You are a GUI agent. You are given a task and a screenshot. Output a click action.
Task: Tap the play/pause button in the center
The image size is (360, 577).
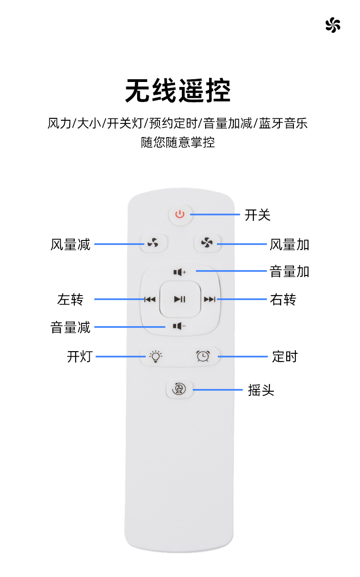[180, 299]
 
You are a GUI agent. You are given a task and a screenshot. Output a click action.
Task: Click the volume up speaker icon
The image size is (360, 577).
[180, 272]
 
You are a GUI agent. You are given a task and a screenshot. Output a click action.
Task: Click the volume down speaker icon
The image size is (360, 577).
[180, 326]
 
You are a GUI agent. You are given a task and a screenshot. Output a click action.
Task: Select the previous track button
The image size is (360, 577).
[149, 299]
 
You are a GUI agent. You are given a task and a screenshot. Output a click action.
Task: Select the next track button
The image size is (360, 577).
[210, 299]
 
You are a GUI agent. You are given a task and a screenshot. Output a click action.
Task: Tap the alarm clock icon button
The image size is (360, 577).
[203, 356]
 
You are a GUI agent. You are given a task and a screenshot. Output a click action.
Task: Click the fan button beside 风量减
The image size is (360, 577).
[153, 244]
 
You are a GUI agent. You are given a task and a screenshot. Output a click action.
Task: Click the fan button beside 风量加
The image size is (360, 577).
[207, 244]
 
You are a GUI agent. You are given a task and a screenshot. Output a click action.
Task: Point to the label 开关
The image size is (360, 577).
[257, 215]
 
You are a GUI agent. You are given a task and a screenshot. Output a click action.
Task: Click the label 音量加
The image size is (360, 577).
[289, 272]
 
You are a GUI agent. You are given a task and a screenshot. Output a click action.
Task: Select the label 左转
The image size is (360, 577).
[70, 300]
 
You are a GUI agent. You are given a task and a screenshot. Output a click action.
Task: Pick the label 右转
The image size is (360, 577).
[283, 300]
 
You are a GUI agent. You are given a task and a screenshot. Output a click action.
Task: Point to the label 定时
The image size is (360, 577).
[284, 356]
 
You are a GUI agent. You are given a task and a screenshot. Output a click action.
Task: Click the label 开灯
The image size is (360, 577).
[80, 356]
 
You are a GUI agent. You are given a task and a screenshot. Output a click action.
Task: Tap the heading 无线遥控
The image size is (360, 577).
[178, 91]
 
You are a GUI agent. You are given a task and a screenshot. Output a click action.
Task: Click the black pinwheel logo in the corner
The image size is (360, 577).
[333, 25]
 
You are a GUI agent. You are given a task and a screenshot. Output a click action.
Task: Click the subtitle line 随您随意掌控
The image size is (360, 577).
[178, 143]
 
